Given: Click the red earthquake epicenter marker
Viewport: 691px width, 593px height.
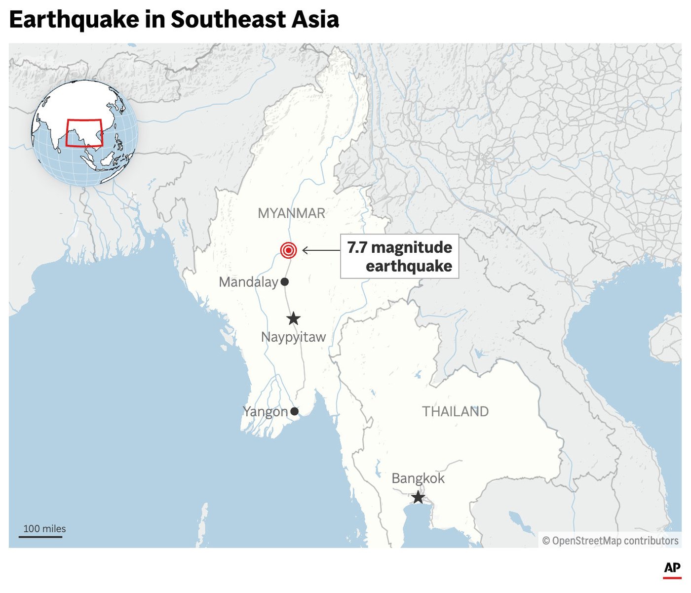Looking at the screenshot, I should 288,250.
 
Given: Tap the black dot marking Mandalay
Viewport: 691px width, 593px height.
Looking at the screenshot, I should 285,282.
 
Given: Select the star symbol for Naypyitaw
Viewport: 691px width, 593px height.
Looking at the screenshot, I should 294,318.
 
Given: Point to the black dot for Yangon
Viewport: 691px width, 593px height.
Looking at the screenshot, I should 294,411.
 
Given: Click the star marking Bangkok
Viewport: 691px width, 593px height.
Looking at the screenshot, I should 418,497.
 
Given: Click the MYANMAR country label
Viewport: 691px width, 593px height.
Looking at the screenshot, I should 291,213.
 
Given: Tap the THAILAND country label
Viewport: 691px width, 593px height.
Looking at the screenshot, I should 455,411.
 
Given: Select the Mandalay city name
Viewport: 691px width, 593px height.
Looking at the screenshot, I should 248,282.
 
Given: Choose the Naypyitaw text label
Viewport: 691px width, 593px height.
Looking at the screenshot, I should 293,337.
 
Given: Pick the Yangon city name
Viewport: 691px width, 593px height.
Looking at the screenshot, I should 265,412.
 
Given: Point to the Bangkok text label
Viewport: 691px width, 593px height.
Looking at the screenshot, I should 418,478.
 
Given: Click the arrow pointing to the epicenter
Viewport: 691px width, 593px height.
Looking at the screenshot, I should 321,250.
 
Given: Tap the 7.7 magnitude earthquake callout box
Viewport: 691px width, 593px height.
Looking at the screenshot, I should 399,256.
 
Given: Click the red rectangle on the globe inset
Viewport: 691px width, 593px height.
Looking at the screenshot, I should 84,133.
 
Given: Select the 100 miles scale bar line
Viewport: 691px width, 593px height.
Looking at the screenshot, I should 40,536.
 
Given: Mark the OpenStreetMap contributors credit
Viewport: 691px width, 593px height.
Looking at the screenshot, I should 610,541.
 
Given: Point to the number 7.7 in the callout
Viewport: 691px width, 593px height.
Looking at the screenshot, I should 357,247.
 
